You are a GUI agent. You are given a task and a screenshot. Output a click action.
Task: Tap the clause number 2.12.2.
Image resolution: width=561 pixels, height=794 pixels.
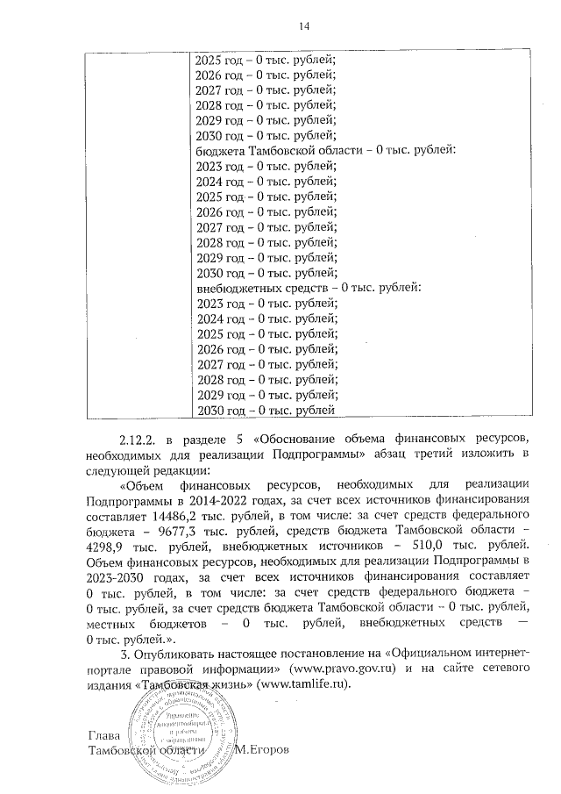tap(139, 438)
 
